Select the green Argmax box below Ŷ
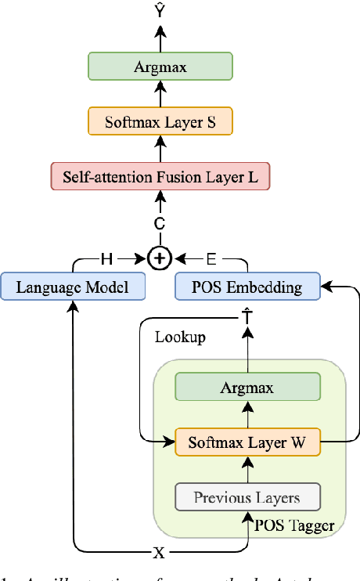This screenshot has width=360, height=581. [160, 67]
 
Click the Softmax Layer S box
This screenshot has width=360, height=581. [160, 121]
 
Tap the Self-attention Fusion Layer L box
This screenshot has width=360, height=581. [160, 176]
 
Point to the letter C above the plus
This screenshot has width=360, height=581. [160, 223]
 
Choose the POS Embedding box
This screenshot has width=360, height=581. [247, 287]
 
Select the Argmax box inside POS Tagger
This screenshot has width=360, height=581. [247, 388]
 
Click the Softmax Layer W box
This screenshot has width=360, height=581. [247, 442]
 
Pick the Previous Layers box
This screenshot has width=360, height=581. [247, 497]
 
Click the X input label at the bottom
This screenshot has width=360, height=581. [160, 552]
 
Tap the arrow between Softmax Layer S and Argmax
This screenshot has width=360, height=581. [160, 94]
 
